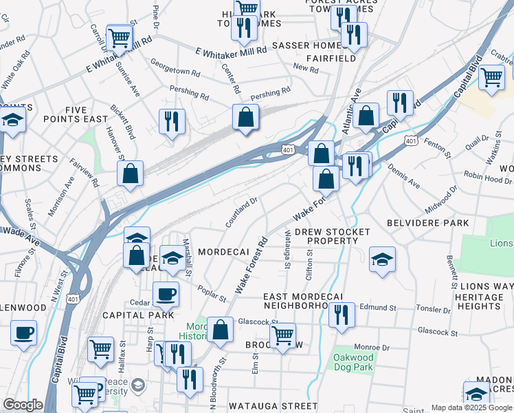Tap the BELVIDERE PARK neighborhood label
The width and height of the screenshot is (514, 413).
tap(427, 223)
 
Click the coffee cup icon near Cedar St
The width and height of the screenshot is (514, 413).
tap(166, 295)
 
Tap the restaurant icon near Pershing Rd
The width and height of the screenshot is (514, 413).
tap(171, 121)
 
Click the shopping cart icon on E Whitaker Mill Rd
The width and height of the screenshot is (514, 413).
tap(119, 37)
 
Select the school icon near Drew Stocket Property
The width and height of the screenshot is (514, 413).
tap(382, 260)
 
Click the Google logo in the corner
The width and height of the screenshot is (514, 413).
tap(23, 405)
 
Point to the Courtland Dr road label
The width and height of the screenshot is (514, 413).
tap(241, 213)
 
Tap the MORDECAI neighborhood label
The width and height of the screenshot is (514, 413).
tap(223, 253)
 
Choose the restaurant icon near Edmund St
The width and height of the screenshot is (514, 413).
tap(342, 315)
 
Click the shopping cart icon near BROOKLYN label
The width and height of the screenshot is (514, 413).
tap(282, 336)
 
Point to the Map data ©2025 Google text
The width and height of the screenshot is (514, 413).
tap(471, 407)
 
